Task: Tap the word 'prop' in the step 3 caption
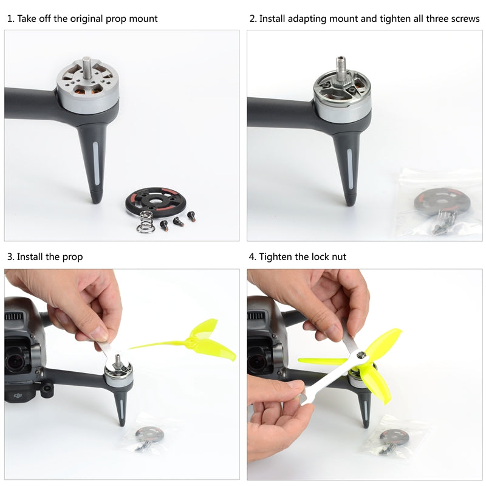tap(72, 257)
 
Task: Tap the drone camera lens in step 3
tap(15, 363)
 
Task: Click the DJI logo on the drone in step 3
tap(15, 396)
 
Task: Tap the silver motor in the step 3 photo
tap(119, 377)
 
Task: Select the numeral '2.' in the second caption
tap(253, 19)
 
